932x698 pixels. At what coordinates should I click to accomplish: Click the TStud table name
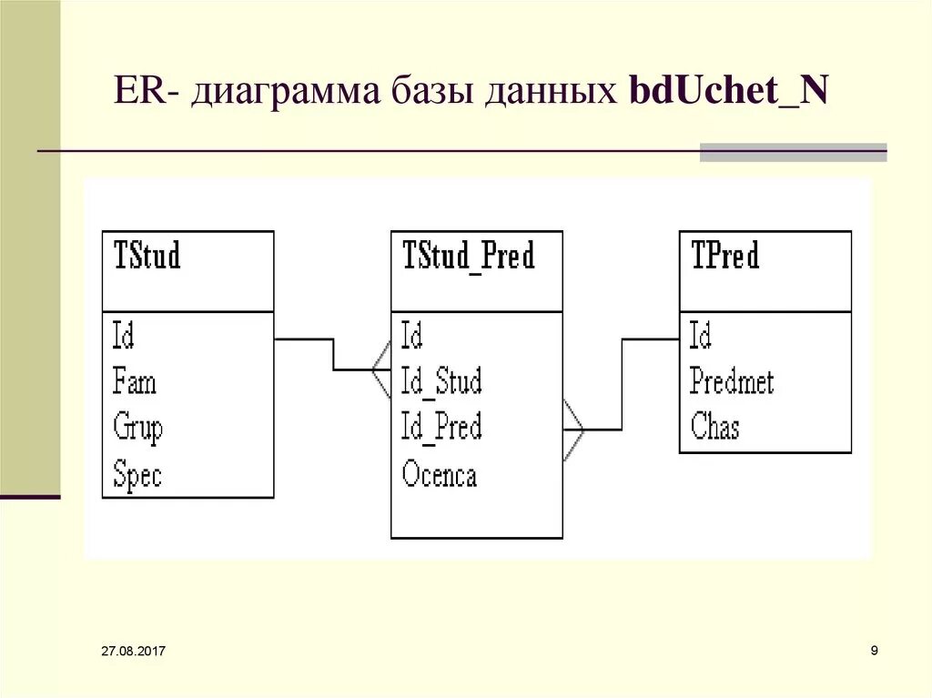[147, 256]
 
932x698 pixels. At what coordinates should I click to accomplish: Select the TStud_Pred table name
[468, 257]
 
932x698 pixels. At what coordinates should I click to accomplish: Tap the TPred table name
[725, 256]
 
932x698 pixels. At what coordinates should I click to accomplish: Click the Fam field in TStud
[135, 381]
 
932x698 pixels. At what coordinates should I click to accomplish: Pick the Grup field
[137, 427]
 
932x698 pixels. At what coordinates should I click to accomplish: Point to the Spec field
[137, 474]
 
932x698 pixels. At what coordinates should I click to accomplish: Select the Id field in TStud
[124, 336]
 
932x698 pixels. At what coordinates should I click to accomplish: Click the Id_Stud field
[441, 381]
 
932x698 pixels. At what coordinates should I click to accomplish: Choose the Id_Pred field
[441, 427]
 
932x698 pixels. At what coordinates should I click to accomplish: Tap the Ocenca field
[439, 474]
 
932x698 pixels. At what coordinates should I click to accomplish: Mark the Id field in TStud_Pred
[412, 336]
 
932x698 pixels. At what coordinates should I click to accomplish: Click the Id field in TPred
[700, 336]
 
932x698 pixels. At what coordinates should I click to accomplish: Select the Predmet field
[732, 381]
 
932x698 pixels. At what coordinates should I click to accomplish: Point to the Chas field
[714, 427]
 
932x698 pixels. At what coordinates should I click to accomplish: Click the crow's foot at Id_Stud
[381, 369]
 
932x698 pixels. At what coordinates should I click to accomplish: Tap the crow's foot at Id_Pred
[573, 429]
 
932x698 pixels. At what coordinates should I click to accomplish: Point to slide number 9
[874, 650]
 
